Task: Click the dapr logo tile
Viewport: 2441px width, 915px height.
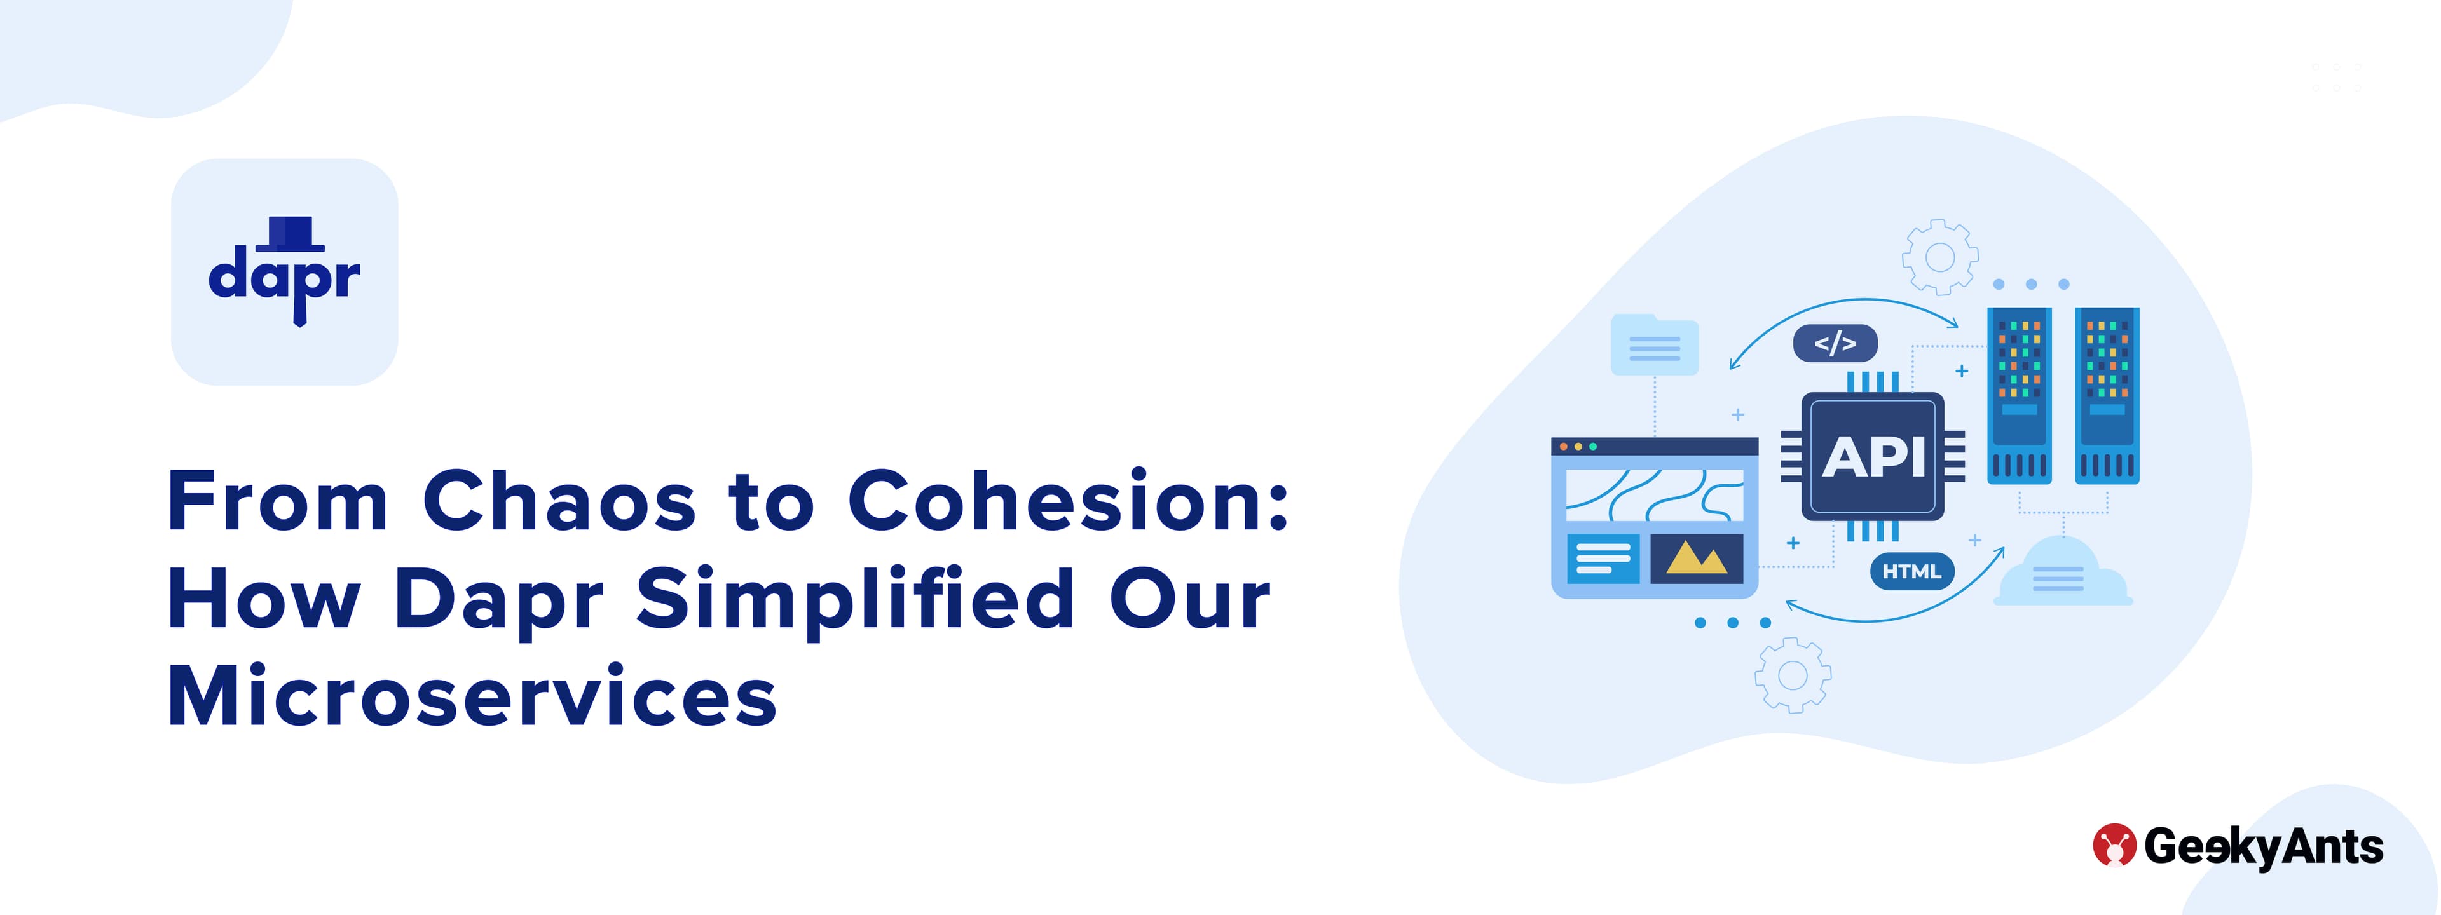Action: point(284,272)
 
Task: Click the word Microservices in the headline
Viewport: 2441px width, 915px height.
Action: point(472,696)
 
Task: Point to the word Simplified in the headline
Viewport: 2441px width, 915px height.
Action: point(856,598)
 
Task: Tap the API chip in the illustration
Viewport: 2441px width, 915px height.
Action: point(1873,457)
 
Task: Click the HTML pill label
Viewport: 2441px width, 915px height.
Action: point(1911,571)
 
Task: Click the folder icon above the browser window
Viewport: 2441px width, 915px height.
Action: point(1655,345)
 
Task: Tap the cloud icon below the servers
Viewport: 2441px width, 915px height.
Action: point(2063,571)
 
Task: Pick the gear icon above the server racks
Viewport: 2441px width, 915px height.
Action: point(1939,257)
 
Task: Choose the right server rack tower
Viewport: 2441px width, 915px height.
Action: point(2107,395)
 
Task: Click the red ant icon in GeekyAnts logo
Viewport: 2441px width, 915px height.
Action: point(2114,845)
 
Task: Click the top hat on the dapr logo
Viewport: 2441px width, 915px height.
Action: point(290,234)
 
